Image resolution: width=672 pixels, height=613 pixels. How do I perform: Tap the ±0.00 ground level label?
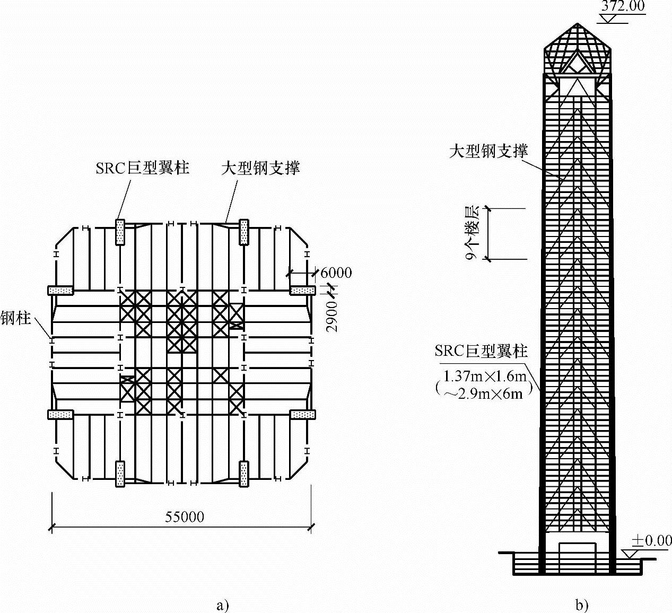coord(651,541)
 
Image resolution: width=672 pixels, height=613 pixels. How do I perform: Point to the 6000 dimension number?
coord(336,273)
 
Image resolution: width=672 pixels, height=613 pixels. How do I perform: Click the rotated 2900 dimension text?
coord(333,317)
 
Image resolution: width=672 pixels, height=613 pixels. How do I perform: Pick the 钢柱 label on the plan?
coord(15,318)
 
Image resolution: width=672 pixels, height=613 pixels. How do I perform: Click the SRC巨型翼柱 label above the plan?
coord(142,168)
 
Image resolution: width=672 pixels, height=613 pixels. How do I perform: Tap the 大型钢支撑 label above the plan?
coord(260,168)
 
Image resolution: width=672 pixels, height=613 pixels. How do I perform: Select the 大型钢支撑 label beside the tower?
coord(488,151)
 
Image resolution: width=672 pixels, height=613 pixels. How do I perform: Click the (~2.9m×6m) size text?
coord(483,393)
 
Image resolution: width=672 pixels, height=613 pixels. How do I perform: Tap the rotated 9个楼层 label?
coord(472,234)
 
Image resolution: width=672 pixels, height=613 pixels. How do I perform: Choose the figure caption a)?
coord(223,605)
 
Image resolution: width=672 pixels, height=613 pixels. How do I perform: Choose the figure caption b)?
coord(581,605)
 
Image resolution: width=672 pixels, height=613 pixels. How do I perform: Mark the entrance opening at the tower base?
coord(578,557)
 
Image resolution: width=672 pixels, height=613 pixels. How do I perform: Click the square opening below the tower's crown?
coord(577,87)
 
